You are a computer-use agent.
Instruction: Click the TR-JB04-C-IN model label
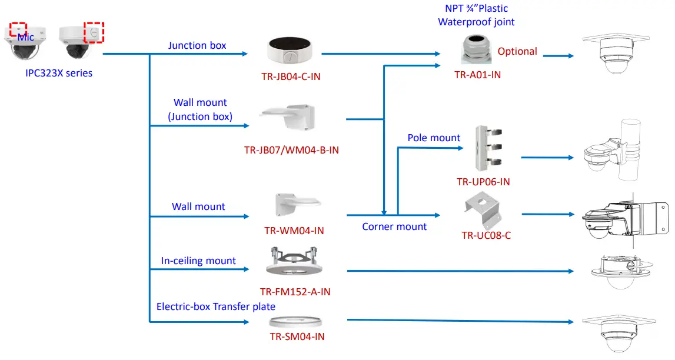coord(291,76)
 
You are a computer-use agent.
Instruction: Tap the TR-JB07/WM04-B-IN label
coord(291,150)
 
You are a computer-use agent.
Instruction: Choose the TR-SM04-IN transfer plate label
coord(297,337)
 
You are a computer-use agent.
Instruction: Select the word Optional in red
coord(517,52)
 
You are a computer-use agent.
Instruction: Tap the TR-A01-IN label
coord(478,75)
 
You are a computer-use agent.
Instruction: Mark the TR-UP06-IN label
coord(483,182)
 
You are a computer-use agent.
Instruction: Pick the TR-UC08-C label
coord(486,236)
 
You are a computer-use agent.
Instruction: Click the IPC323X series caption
coord(59,74)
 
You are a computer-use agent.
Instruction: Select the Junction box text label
coord(197,46)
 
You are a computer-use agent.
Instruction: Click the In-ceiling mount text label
coord(198,261)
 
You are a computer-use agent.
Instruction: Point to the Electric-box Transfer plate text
coord(215,306)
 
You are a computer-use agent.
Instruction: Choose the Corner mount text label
coord(394,226)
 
